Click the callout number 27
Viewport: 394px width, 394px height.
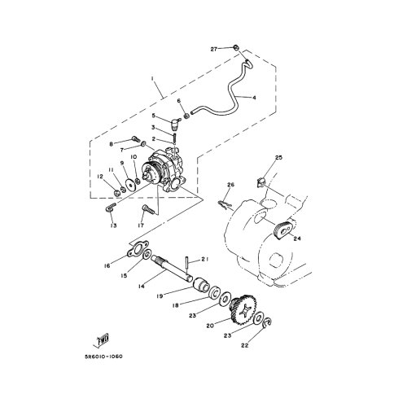(x=214, y=49)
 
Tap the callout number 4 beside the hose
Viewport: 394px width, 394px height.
(x=254, y=98)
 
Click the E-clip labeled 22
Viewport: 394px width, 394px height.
(x=268, y=322)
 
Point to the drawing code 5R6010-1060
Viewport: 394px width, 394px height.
(x=103, y=357)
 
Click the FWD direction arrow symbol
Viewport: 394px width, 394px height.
(x=101, y=339)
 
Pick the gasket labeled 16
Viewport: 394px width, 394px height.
(x=138, y=249)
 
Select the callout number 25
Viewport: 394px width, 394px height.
(x=279, y=157)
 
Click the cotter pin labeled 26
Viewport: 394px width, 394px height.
(x=225, y=204)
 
